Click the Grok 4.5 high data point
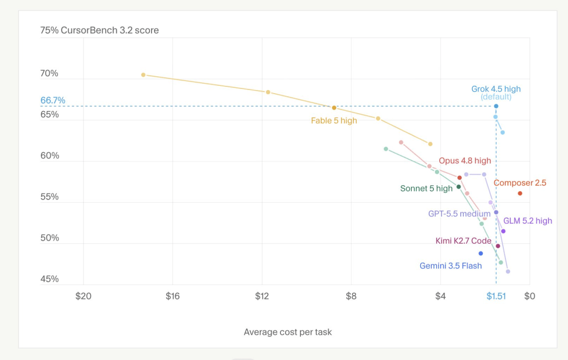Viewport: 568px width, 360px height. [x=496, y=106]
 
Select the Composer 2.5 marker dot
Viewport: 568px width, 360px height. [x=520, y=193]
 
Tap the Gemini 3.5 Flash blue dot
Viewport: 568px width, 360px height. [x=481, y=253]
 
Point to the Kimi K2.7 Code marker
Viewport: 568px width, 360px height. [x=498, y=246]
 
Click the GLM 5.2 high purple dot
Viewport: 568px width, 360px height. [x=503, y=231]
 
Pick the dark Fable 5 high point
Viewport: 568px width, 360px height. [x=334, y=108]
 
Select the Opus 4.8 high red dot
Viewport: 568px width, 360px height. [x=459, y=178]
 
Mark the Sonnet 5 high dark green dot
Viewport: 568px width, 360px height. [x=459, y=187]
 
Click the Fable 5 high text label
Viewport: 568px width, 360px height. [x=334, y=121]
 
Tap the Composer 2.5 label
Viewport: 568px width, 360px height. [x=520, y=183]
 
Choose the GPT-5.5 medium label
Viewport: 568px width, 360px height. [x=459, y=214]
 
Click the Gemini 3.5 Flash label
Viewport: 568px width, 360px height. [x=451, y=266]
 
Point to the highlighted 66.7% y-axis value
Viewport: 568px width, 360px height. [x=53, y=101]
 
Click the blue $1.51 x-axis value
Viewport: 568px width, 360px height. [x=496, y=296]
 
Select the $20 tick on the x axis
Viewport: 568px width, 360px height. [x=83, y=296]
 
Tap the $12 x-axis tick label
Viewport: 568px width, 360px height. [x=262, y=296]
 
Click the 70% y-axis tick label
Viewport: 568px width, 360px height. [x=49, y=74]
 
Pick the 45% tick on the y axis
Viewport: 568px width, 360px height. [x=49, y=279]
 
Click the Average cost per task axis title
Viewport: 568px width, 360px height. [x=288, y=332]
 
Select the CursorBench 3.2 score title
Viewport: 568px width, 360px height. [x=110, y=30]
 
